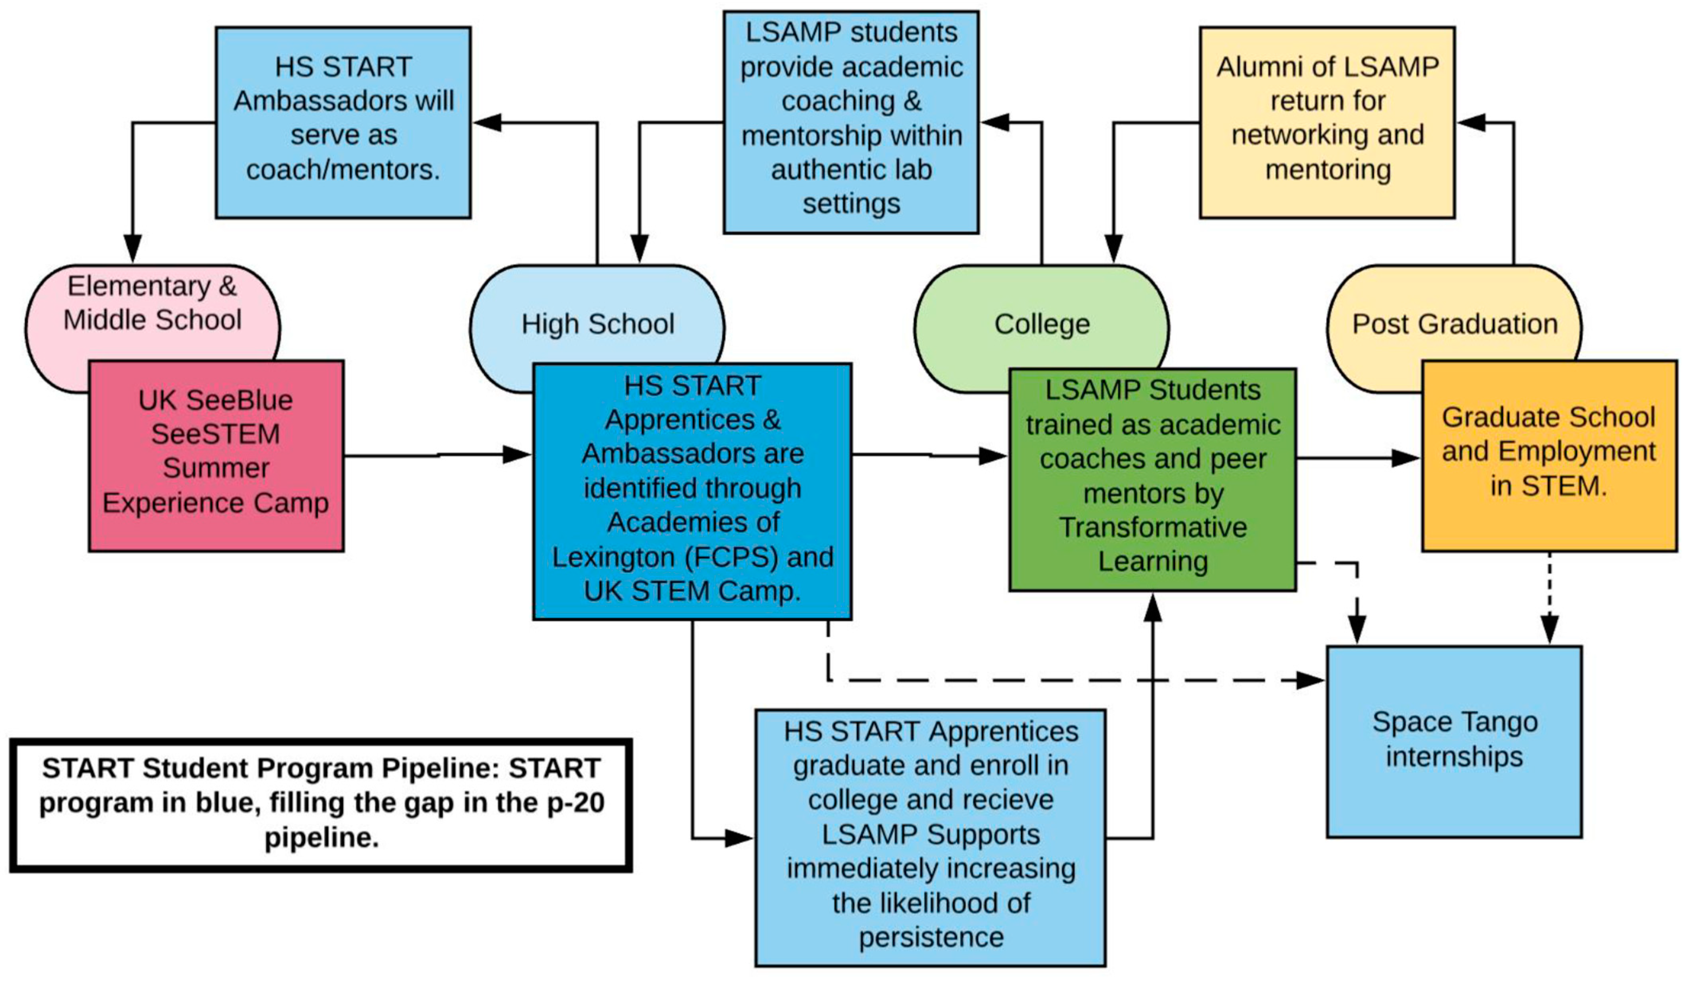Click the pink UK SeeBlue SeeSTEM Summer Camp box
(x=216, y=456)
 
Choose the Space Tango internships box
(x=1454, y=741)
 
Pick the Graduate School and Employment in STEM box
(x=1549, y=456)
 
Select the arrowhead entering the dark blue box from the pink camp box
(x=518, y=455)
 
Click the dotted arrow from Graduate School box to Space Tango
(x=1549, y=597)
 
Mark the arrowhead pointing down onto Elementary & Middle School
(x=133, y=248)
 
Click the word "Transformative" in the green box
(x=1152, y=527)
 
